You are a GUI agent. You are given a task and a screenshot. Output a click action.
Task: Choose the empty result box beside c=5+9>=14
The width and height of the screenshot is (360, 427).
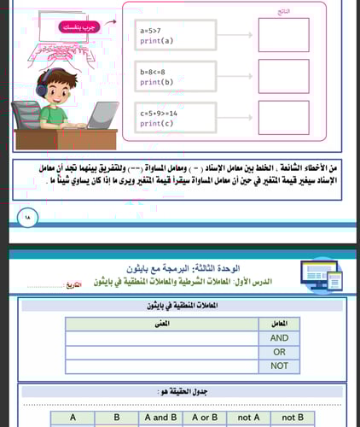coord(283,118)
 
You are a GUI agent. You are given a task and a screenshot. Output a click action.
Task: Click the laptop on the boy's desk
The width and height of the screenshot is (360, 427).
coord(102,114)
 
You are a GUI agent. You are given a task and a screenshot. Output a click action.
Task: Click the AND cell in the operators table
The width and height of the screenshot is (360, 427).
coord(279,336)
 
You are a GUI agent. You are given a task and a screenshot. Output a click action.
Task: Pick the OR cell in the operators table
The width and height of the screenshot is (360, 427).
coord(279,351)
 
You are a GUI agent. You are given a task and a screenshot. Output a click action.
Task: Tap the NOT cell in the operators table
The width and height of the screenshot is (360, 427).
coord(279,366)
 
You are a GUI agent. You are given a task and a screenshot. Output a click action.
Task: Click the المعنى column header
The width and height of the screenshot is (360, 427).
coord(158,324)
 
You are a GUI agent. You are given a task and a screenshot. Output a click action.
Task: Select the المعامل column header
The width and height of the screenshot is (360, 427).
coord(279,324)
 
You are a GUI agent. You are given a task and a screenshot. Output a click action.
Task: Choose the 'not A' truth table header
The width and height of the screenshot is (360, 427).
coord(248,418)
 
